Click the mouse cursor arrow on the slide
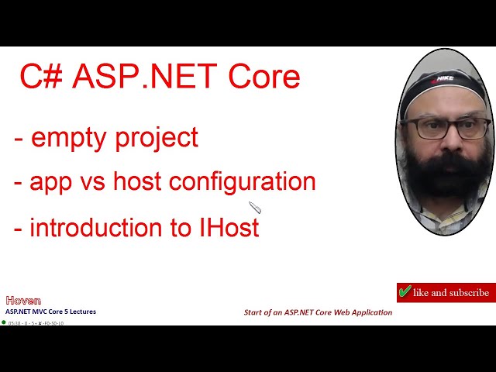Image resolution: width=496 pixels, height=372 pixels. click(x=254, y=207)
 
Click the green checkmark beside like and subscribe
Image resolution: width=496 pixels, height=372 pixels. click(x=405, y=292)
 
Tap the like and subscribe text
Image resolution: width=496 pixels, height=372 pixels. click(x=451, y=293)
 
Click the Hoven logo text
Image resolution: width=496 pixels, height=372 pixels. click(x=23, y=301)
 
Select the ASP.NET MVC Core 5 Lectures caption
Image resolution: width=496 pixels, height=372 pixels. click(x=51, y=312)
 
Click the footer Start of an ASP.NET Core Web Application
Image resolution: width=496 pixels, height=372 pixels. click(x=318, y=312)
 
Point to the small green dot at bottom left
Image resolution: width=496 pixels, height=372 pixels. click(x=4, y=322)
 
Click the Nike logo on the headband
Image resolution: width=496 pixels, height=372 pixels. click(x=445, y=77)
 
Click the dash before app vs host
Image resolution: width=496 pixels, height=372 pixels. click(x=18, y=182)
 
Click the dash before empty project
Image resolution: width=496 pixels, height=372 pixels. click(x=18, y=139)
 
